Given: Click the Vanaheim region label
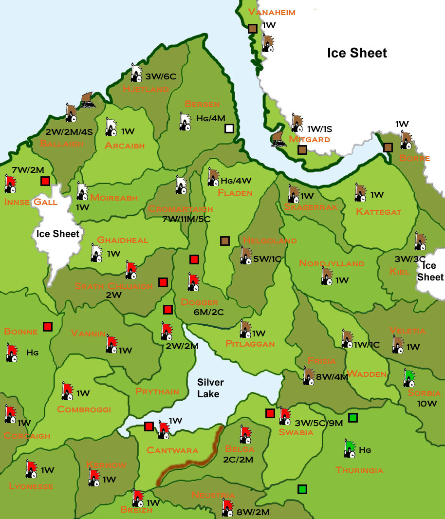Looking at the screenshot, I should pyautogui.click(x=272, y=12).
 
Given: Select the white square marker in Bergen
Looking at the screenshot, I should pyautogui.click(x=229, y=129).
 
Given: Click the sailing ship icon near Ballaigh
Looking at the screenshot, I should pyautogui.click(x=88, y=100).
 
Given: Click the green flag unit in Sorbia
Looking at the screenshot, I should pyautogui.click(x=409, y=378).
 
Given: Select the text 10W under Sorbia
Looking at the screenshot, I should pyautogui.click(x=427, y=404).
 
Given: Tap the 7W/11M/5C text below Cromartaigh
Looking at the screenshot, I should pyautogui.click(x=186, y=219).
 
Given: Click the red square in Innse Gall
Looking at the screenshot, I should pyautogui.click(x=45, y=181).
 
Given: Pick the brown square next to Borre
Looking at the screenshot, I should pyautogui.click(x=388, y=147).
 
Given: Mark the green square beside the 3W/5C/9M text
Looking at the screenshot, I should pyautogui.click(x=353, y=417).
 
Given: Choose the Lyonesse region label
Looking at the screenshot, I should pyautogui.click(x=31, y=486).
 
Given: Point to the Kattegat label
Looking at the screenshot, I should pyautogui.click(x=378, y=212).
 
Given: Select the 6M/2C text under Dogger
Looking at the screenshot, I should pyautogui.click(x=209, y=312).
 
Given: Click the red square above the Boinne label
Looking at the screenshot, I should pyautogui.click(x=47, y=326).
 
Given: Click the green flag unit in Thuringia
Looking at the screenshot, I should pyautogui.click(x=349, y=448).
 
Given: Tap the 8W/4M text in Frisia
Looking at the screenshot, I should pyautogui.click(x=332, y=376).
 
